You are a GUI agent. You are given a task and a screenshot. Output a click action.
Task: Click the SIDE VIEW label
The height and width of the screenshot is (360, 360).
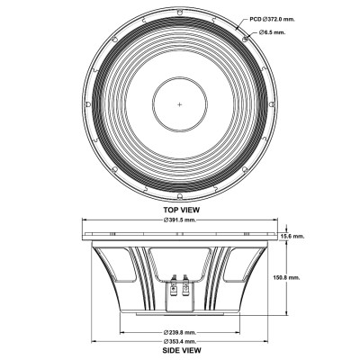tap(180, 352)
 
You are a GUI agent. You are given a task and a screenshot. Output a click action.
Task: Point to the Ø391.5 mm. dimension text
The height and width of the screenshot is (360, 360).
tap(180, 220)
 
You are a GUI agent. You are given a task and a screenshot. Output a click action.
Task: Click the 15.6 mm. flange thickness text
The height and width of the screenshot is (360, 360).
tap(292, 236)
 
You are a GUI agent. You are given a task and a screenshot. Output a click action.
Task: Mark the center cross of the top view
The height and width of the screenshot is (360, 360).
tap(180, 104)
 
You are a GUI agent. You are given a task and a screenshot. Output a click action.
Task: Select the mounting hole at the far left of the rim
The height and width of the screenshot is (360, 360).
tap(85, 104)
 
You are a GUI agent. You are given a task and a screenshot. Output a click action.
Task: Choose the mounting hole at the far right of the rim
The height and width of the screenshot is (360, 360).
tap(275, 104)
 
